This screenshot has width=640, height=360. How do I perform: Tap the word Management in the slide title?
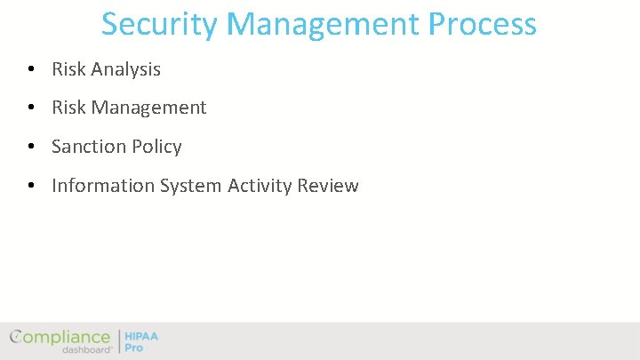click(321, 24)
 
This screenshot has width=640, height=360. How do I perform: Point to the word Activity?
click(260, 187)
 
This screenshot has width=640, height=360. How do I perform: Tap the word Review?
click(328, 187)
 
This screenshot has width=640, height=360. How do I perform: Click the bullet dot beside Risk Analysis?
click(31, 69)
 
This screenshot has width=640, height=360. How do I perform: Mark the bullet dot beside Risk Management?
click(31, 108)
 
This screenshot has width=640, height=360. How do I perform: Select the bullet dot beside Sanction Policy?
click(31, 148)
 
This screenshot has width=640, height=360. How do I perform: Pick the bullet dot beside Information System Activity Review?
click(31, 187)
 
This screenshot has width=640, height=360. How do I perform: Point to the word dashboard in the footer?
click(87, 350)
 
